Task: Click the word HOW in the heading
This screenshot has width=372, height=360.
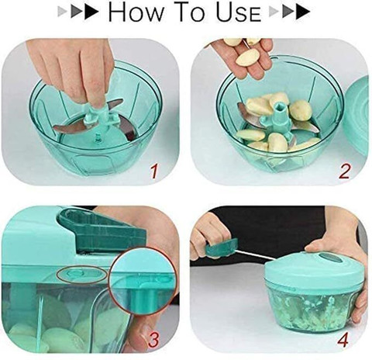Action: pyautogui.click(x=136, y=12)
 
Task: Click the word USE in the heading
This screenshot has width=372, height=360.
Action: pyautogui.click(x=238, y=12)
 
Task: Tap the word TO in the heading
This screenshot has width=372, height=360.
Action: pyautogui.click(x=191, y=12)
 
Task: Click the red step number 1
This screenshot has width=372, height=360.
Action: pyautogui.click(x=154, y=171)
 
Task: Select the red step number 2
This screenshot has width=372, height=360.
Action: pyautogui.click(x=344, y=171)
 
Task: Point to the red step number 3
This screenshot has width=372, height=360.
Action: pyautogui.click(x=153, y=339)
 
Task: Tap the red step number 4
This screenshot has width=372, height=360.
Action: pyautogui.click(x=343, y=339)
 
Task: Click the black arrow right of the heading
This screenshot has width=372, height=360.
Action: pyautogui.click(x=303, y=12)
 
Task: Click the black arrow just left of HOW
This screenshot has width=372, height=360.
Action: pyautogui.click(x=91, y=12)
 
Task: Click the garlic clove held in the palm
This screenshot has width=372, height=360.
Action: pyautogui.click(x=248, y=58)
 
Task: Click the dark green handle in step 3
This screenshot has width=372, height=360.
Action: pyautogui.click(x=102, y=230)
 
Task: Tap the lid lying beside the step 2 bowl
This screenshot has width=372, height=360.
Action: pyautogui.click(x=357, y=116)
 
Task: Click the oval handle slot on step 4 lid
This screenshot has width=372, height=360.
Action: pyautogui.click(x=328, y=258)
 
